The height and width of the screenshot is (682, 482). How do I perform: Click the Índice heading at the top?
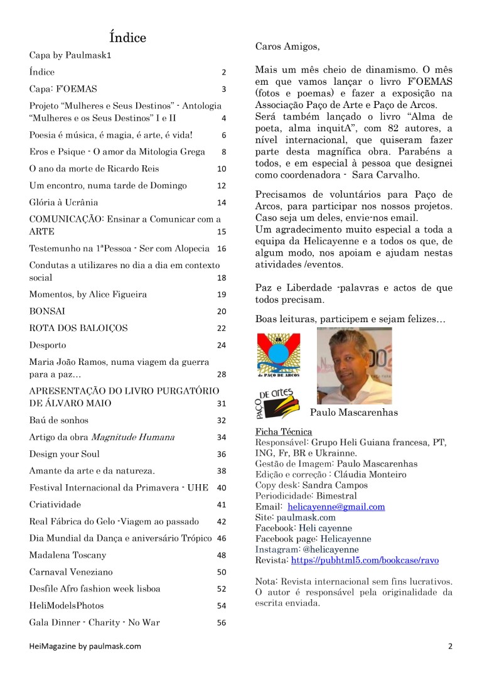[x=127, y=38]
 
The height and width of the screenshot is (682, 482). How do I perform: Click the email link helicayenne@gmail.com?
[x=336, y=507]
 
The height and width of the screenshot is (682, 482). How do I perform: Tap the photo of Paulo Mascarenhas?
[x=354, y=366]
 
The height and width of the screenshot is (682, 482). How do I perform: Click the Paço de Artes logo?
[x=278, y=404]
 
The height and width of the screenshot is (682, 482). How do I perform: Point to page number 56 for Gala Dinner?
[x=221, y=624]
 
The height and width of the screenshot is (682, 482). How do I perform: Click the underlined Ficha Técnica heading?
[x=284, y=432]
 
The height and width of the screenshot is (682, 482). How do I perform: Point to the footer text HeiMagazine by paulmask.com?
[x=85, y=646]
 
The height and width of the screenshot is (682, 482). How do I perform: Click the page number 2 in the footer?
[x=450, y=646]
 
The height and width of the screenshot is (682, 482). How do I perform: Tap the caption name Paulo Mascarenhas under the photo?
[x=353, y=413]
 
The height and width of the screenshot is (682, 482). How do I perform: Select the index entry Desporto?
[x=48, y=345]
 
